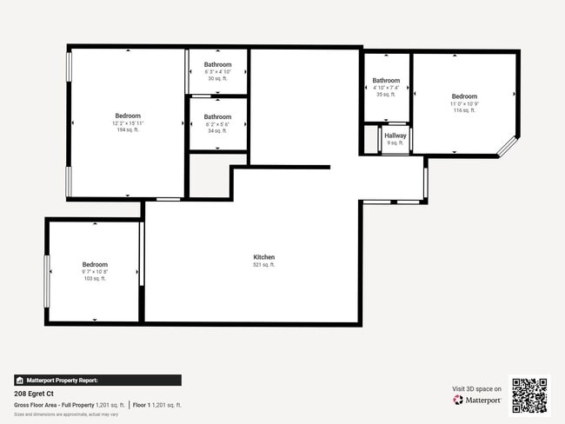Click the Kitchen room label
pos(264,257)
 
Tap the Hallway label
pos(395,136)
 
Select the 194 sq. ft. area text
pos(128,129)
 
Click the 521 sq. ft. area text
pos(264,265)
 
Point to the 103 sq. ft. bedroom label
pos(95,264)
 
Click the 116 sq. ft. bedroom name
pos(464,96)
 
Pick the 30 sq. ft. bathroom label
pos(217,65)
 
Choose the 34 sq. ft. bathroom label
pos(217,117)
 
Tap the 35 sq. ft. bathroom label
pos(386,81)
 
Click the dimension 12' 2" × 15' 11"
pos(128,123)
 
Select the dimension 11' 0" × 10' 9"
pos(464,104)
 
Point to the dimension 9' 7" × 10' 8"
pos(95,272)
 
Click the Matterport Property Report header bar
pos(97,380)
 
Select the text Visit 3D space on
pos(476,388)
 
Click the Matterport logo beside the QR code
pos(476,401)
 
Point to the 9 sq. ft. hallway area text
pos(395,142)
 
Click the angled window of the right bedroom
pos(506,148)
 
